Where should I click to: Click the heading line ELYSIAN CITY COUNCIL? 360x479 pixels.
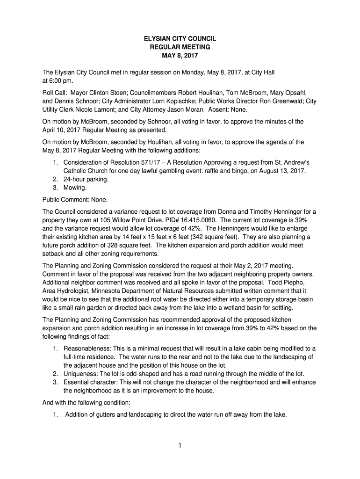click(180, 39)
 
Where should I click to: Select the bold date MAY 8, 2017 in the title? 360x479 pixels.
click(180, 56)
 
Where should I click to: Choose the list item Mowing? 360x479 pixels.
click(75, 187)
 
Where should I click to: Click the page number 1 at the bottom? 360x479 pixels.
click(180, 445)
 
